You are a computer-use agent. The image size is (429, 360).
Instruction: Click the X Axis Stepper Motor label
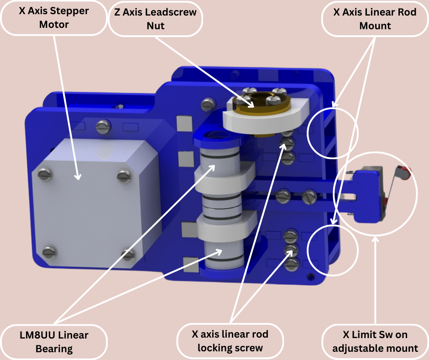tap(54, 17)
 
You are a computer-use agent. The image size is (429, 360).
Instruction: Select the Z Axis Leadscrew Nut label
tap(155, 19)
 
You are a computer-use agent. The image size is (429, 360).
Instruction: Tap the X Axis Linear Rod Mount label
tap(375, 19)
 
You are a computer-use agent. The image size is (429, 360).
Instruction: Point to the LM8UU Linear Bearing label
tap(54, 342)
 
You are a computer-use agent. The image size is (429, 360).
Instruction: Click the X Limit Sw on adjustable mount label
tap(375, 342)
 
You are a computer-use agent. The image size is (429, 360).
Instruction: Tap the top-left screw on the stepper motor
tap(44, 173)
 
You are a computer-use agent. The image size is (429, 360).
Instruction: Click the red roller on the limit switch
tap(404, 172)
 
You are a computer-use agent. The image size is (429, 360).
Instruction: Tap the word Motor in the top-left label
tap(54, 24)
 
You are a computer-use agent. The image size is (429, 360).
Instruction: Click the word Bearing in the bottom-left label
tap(54, 349)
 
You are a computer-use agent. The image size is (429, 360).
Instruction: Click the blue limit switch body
tap(368, 194)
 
